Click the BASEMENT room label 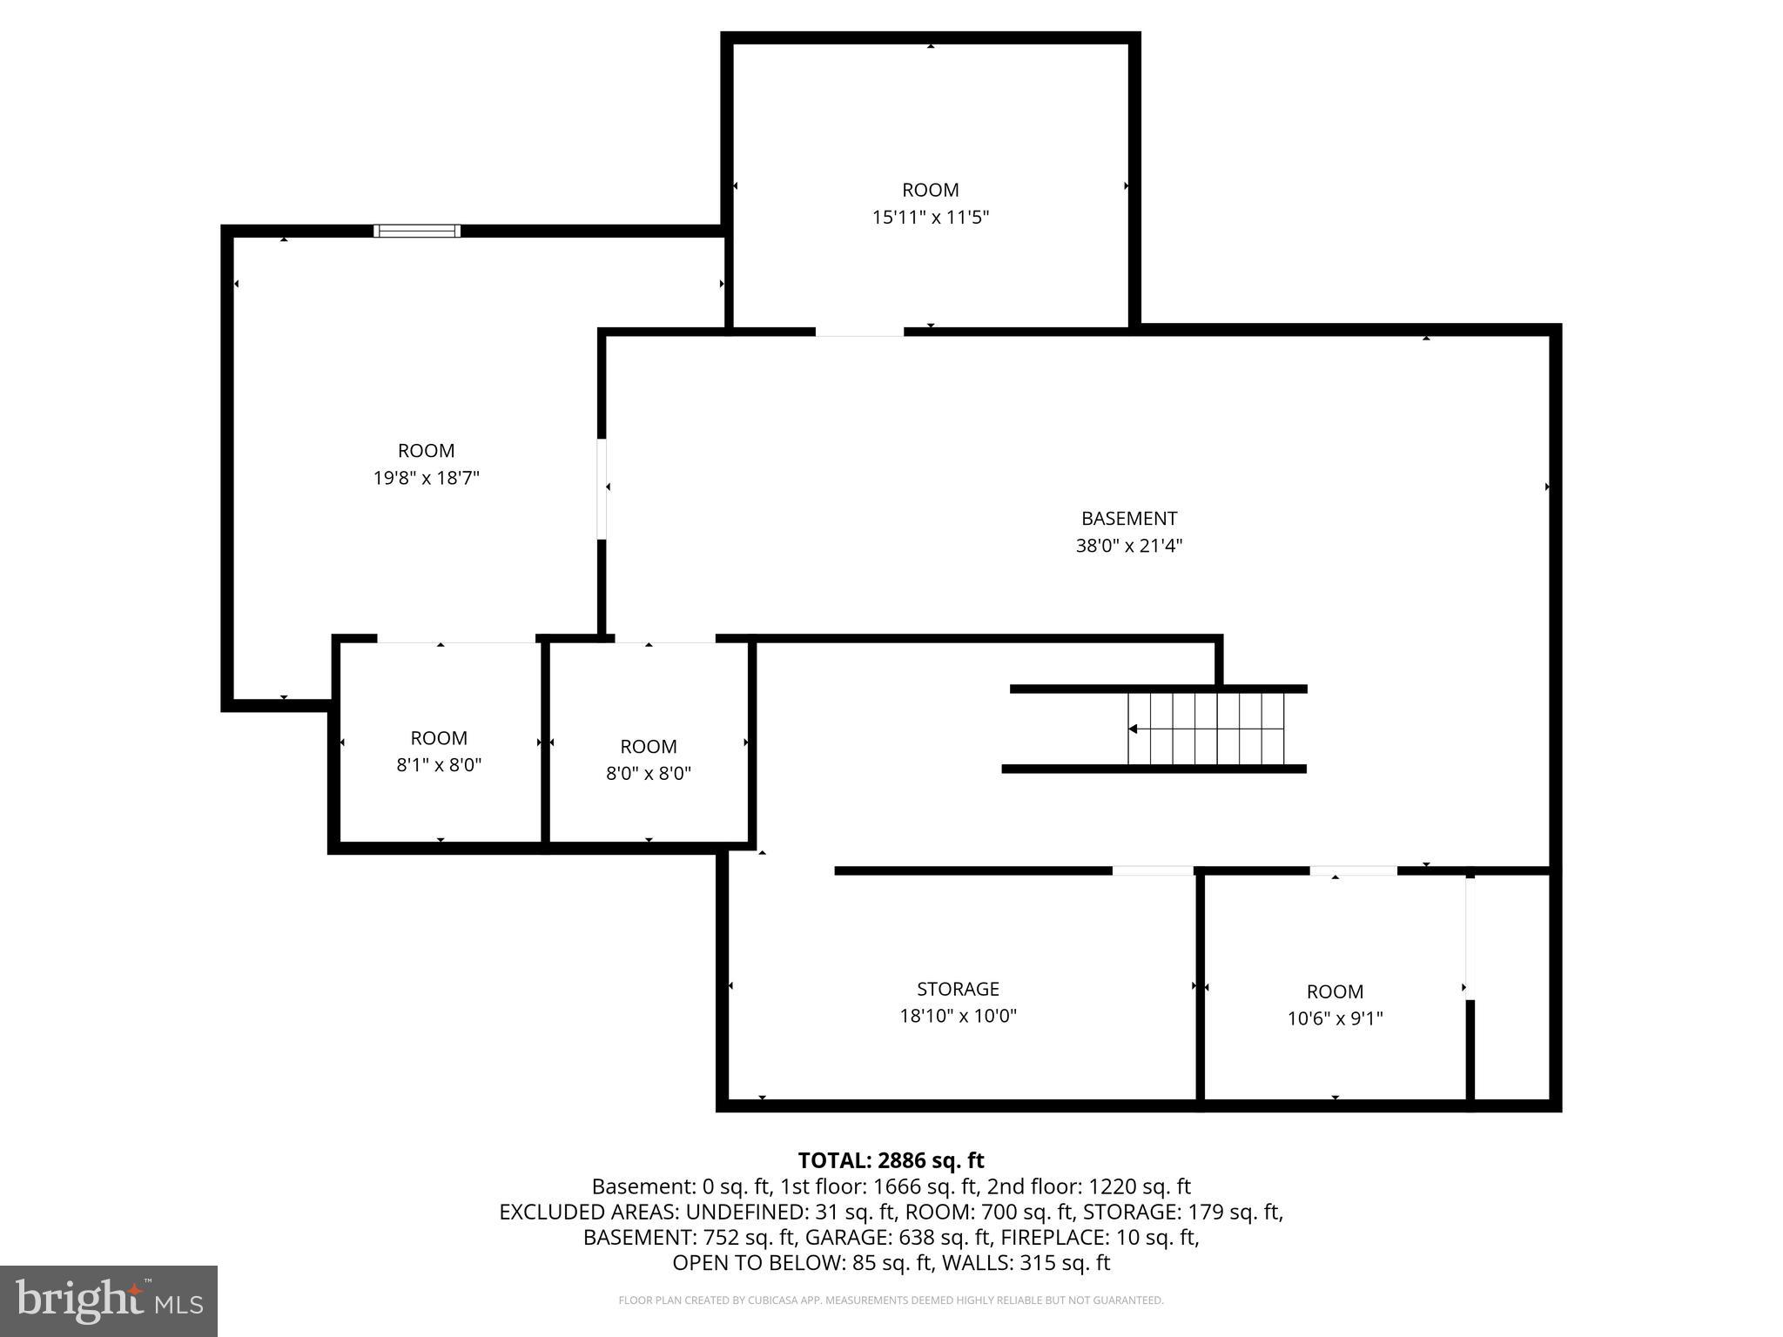tap(1129, 519)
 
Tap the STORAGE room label tap(958, 989)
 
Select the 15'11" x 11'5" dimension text tap(931, 217)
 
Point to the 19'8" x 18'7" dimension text tap(427, 478)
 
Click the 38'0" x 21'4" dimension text tap(1129, 546)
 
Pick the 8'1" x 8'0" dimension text tap(439, 765)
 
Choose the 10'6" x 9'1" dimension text tap(1336, 1018)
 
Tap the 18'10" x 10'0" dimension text tap(959, 1016)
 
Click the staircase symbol tap(1206, 729)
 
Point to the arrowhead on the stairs tap(1133, 729)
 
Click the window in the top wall tap(417, 231)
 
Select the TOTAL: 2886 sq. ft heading tap(891, 1160)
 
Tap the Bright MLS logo tap(109, 1300)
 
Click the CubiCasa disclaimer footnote tap(891, 1300)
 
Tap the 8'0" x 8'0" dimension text tap(649, 774)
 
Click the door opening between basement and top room tap(859, 332)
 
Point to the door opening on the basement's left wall tap(602, 488)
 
